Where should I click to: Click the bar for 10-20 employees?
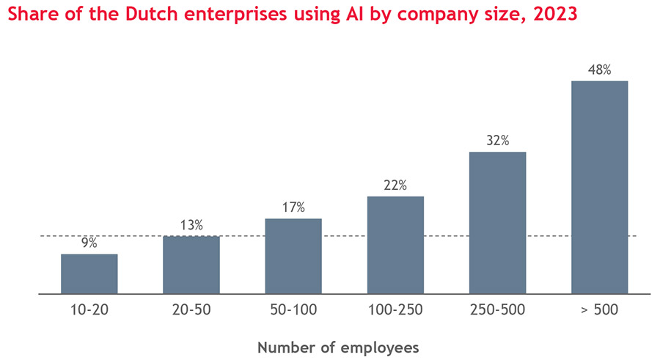click(89, 273)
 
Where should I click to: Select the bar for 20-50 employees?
click(191, 265)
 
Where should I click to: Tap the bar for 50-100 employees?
click(293, 256)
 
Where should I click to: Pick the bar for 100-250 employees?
click(395, 245)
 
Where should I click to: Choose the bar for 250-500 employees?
click(497, 223)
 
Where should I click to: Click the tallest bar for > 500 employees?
click(599, 187)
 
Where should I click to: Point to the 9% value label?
click(89, 243)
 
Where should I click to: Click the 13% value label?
click(191, 225)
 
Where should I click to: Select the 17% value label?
click(293, 207)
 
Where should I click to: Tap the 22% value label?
click(395, 185)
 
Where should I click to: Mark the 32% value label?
click(497, 141)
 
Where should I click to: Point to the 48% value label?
click(599, 70)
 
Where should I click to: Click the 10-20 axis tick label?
click(89, 309)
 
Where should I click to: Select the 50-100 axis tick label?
click(293, 309)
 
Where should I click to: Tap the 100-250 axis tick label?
click(395, 309)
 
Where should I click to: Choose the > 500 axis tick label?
click(599, 309)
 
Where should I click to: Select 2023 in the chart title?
click(554, 14)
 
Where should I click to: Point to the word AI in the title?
click(356, 14)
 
